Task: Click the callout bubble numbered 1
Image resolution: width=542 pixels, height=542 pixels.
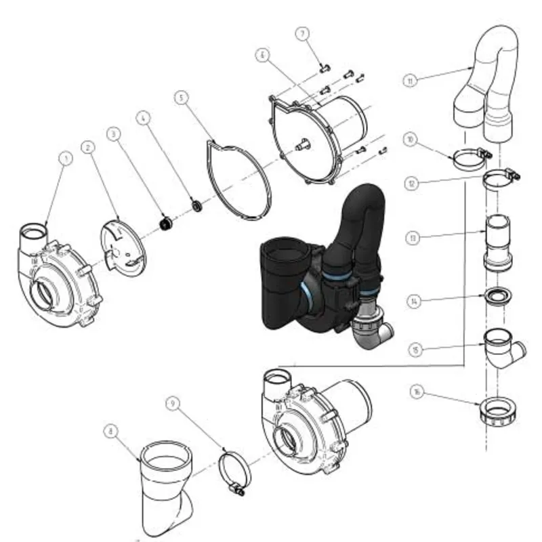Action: click(x=66, y=158)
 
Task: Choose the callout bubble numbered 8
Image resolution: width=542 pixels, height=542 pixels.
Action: click(x=110, y=430)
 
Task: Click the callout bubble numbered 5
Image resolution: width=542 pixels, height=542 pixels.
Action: click(x=180, y=98)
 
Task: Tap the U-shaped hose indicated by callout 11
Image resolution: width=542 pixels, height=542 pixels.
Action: click(x=491, y=75)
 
